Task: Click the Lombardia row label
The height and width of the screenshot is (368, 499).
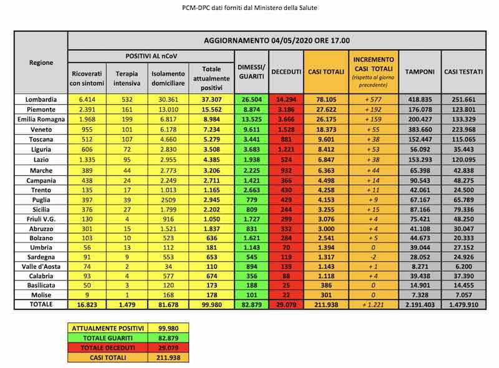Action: [x=41, y=99]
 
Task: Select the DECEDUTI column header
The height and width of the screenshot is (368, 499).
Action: [x=286, y=72]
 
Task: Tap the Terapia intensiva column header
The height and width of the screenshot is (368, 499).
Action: [x=126, y=78]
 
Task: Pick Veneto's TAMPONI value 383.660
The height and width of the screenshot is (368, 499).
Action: [x=420, y=129]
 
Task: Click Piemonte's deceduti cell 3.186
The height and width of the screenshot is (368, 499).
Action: [x=286, y=109]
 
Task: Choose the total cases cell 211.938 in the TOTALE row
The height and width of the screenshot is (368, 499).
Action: [x=326, y=304]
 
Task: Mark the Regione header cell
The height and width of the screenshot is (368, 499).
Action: [x=41, y=62]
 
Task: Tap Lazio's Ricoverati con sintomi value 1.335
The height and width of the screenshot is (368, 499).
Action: [x=86, y=160]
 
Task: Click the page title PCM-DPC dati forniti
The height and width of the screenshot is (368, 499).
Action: [x=249, y=8]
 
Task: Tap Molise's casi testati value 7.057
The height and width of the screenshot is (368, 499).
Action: [x=463, y=294]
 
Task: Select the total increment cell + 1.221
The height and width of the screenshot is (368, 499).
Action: [x=373, y=304]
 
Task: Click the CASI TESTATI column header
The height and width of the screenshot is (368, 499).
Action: [x=463, y=72]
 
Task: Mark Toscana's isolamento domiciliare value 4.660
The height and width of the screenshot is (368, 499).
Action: [x=168, y=139]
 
